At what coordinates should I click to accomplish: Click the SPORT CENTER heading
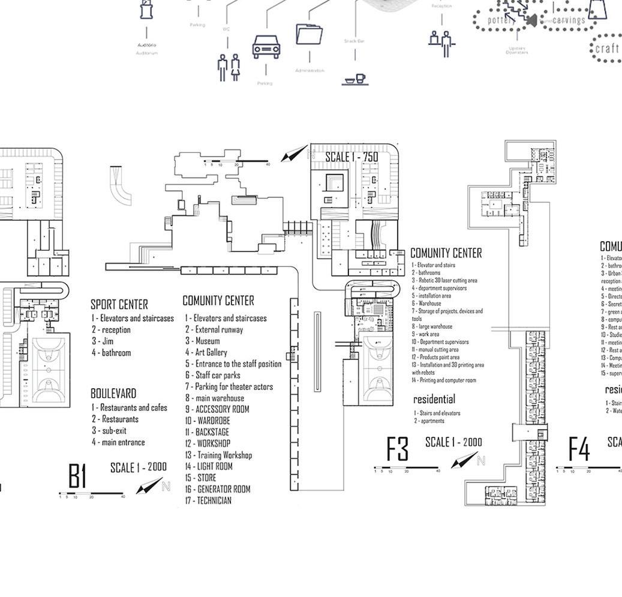pos(119,304)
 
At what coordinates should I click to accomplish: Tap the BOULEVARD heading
pos(113,394)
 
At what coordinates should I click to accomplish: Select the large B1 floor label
pos(77,477)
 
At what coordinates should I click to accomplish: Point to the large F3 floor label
pos(397,449)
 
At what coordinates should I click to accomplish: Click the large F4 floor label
pos(579,449)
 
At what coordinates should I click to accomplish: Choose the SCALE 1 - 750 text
pos(351,157)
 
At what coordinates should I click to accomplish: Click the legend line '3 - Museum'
pos(202,341)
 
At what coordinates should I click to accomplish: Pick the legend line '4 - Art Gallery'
pos(206,352)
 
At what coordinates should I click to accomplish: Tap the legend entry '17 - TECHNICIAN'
pos(208,500)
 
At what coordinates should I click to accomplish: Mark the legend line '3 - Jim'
pos(103,341)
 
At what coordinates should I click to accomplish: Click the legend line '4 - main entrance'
pos(118,442)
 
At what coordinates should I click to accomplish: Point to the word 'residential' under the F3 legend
pos(434,399)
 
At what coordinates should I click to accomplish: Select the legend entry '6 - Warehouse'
pos(426,304)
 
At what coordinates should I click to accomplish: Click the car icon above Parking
pos(266,47)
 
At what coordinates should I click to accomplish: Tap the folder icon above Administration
pos(310,34)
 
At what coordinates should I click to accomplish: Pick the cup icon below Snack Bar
pos(354,80)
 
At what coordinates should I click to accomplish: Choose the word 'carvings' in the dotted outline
pos(568,20)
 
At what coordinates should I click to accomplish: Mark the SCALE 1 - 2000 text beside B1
pos(139,467)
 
